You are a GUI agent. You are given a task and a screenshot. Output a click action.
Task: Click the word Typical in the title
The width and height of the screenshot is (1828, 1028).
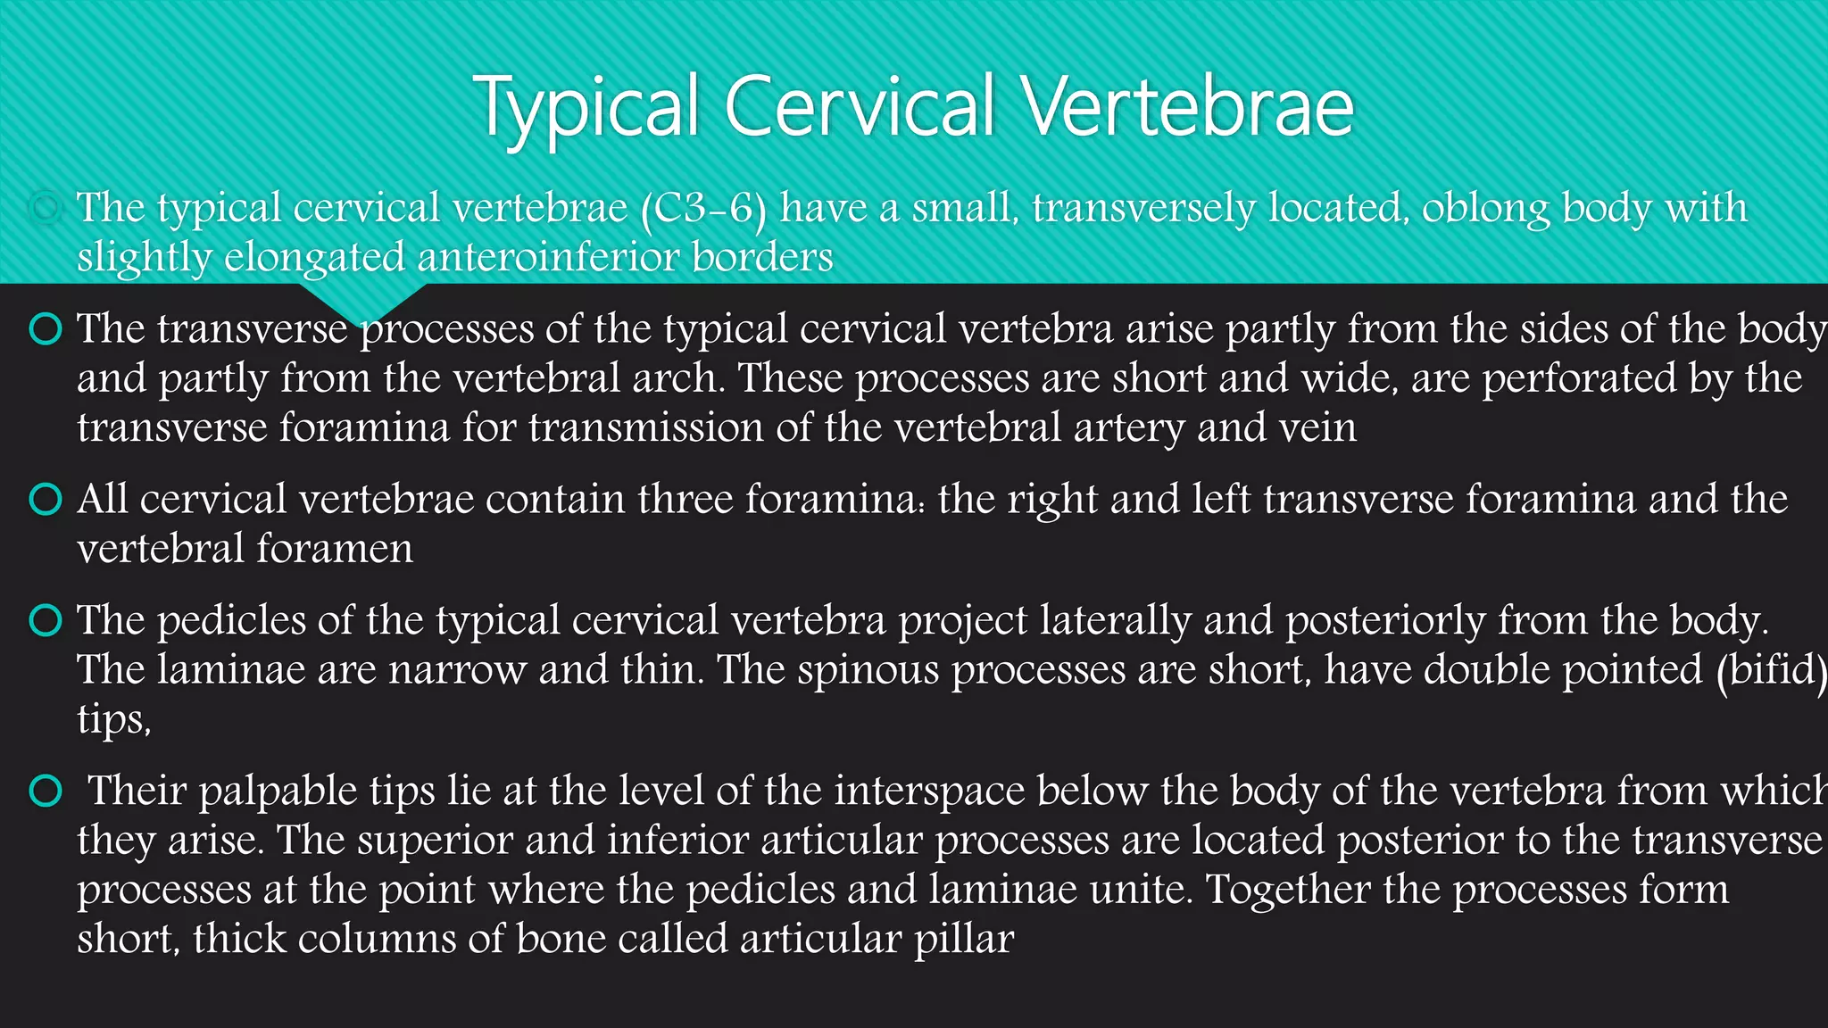[x=586, y=107]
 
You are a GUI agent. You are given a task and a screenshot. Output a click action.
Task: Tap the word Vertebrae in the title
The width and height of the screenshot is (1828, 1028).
[x=1187, y=107]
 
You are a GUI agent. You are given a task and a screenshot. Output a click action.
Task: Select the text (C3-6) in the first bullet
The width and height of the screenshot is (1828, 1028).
[x=703, y=208]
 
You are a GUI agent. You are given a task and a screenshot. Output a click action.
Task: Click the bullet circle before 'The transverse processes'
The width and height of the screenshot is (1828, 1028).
[x=46, y=328]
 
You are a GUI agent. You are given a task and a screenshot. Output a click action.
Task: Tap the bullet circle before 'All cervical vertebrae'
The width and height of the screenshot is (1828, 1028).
[x=46, y=499]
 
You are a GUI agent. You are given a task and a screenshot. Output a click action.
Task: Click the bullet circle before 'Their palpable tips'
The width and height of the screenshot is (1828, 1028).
[x=46, y=791]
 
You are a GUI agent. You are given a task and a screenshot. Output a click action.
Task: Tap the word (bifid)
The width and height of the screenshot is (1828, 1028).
[x=1771, y=669]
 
